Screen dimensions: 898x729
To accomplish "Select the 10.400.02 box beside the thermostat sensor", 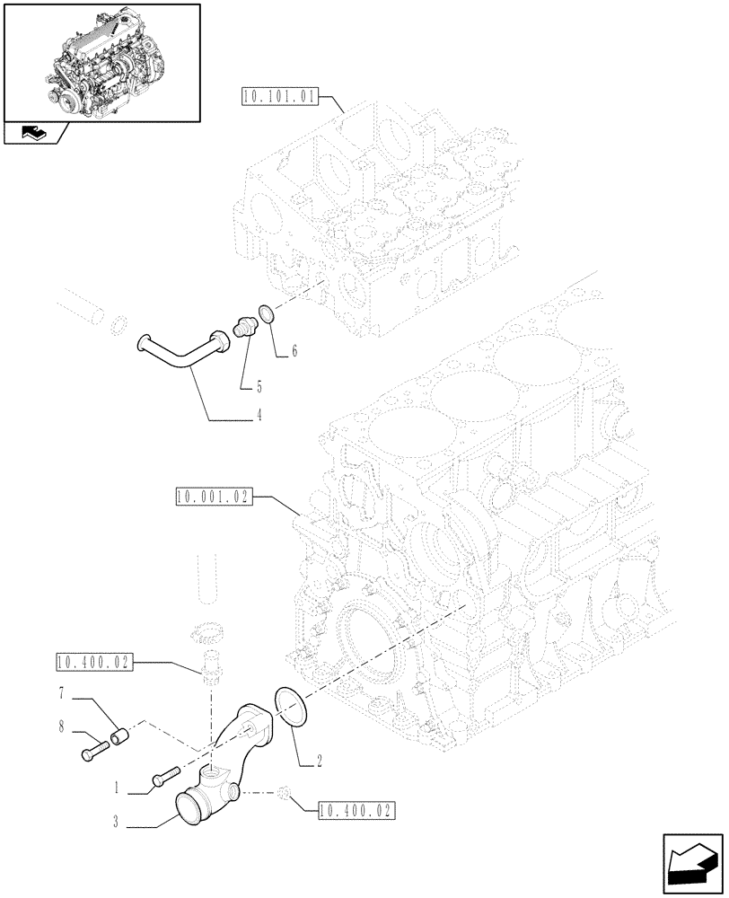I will click(93, 664).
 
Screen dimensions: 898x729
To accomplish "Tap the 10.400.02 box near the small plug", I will click(356, 811).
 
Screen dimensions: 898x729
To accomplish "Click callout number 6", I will click(294, 353).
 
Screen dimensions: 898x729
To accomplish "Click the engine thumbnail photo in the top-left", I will click(101, 62).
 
